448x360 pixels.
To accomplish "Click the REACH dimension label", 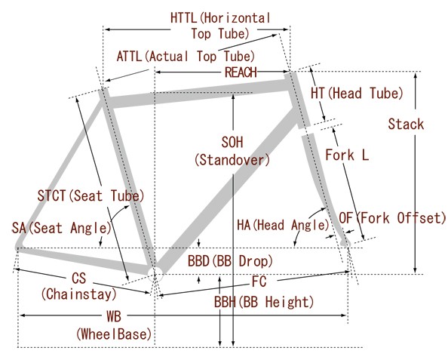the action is (241, 72).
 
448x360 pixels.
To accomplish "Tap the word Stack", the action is (406, 124).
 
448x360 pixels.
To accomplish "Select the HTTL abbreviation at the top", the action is (184, 18).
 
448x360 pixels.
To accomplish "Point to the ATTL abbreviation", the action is (130, 57).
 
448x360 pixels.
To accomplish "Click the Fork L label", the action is (347, 155).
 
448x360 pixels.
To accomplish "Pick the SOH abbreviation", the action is (232, 142).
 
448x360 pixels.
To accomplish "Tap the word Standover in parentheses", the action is (232, 160).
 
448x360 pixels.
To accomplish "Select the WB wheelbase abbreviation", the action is (114, 316).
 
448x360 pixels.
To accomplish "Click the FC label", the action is (259, 282).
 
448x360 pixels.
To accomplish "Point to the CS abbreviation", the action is (79, 278).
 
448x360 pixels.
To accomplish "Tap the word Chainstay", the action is (79, 294).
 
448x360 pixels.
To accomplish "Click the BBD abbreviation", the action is (198, 261).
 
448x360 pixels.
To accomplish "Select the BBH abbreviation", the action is (225, 302).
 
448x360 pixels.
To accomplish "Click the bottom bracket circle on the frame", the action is (155, 275).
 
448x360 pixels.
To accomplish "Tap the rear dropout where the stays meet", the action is (19, 245).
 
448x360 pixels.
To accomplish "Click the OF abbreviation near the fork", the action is (346, 218).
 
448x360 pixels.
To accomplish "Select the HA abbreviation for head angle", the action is (244, 225).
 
